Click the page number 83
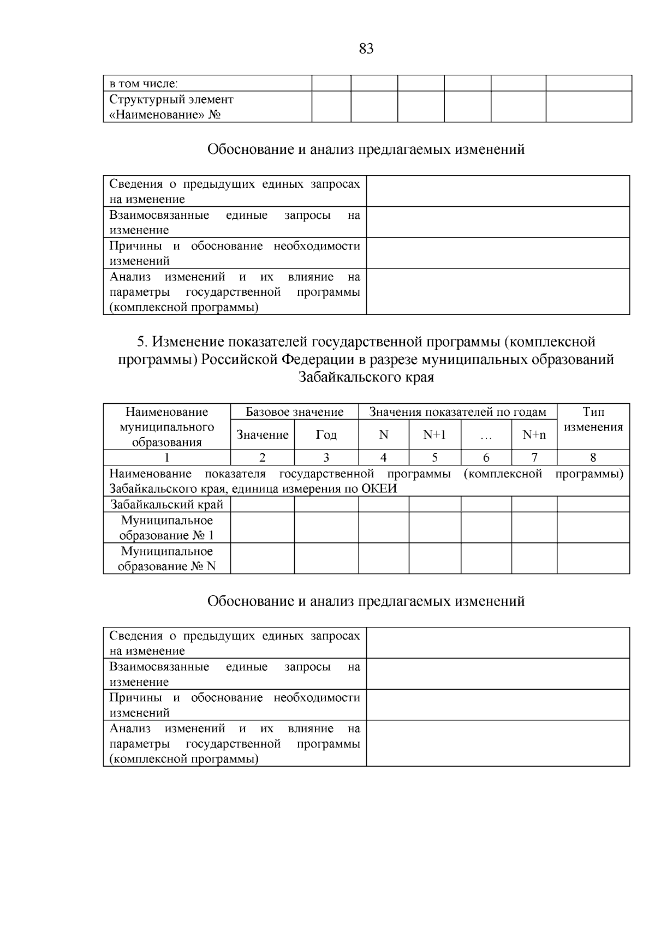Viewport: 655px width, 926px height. click(366, 49)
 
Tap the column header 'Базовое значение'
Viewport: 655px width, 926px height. click(294, 412)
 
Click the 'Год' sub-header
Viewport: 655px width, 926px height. click(326, 435)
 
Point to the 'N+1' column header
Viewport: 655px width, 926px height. click(434, 435)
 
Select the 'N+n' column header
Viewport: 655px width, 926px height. click(534, 435)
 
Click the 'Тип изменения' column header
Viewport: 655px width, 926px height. click(593, 420)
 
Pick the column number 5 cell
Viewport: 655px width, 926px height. click(434, 458)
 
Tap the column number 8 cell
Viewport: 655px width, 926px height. click(593, 458)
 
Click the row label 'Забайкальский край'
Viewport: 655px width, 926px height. click(167, 505)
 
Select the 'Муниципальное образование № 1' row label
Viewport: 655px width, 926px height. click(167, 528)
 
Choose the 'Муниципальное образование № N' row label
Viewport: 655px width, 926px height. click(167, 559)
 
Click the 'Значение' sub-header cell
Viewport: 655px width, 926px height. click(263, 435)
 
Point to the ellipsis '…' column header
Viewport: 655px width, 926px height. click(486, 435)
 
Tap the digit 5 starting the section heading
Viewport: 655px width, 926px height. click(140, 342)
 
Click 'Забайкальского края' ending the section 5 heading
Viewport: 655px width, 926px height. click(366, 377)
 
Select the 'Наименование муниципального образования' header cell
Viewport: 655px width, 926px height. click(167, 427)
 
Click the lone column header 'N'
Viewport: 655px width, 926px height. click(384, 435)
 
